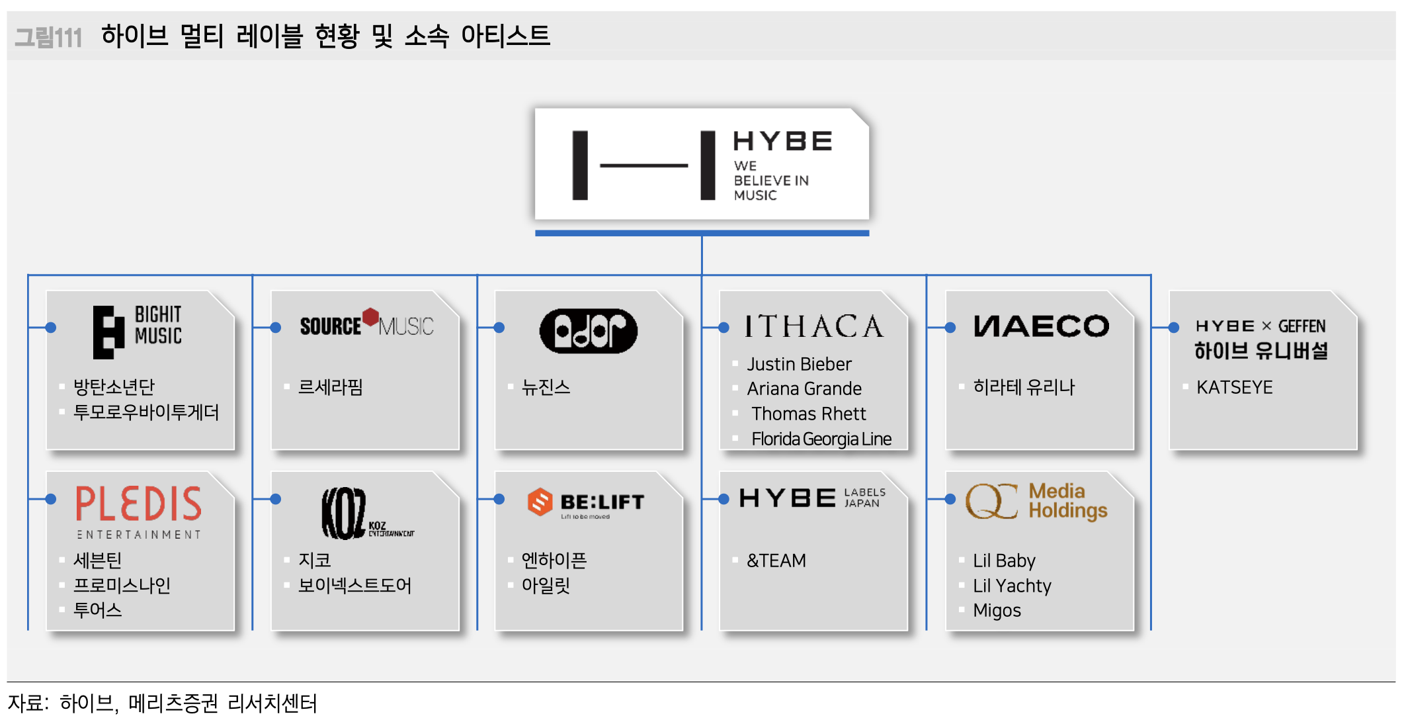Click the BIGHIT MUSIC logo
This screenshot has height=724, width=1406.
[x=138, y=332]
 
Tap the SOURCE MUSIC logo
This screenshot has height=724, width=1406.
[x=366, y=324]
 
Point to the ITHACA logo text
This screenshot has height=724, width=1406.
[x=814, y=326]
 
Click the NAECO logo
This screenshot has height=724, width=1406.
[x=1041, y=326]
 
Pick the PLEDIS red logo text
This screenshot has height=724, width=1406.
[x=138, y=504]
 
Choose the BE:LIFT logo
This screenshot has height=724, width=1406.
[x=586, y=503]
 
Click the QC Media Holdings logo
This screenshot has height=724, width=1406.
[x=1036, y=501]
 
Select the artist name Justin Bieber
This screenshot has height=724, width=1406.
[x=799, y=364]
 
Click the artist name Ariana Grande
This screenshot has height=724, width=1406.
[x=804, y=388]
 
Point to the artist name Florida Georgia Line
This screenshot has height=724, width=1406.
[x=821, y=439]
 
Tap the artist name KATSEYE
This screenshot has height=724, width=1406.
[x=1234, y=387]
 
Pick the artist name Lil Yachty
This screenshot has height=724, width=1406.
[x=1012, y=586]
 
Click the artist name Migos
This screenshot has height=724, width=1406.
[x=997, y=610]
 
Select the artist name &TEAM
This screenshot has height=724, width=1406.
[x=776, y=561]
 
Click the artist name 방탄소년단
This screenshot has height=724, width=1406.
[x=114, y=386]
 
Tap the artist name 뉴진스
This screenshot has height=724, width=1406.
[x=546, y=387]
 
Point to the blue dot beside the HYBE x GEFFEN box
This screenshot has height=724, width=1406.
[x=1174, y=327]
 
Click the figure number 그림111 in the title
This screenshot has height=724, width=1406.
[x=48, y=37]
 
